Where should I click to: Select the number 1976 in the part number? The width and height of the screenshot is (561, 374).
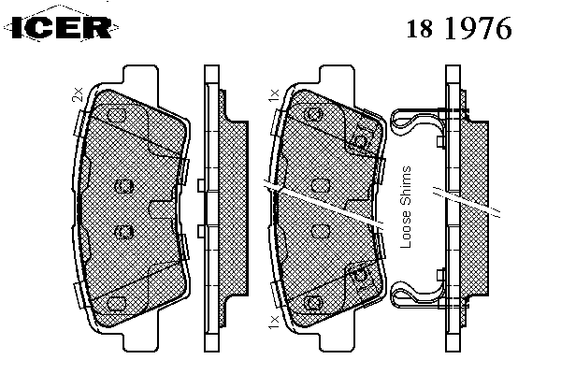(x=478, y=28)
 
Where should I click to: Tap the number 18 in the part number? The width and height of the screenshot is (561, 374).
(x=419, y=28)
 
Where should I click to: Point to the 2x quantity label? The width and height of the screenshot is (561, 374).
(x=78, y=94)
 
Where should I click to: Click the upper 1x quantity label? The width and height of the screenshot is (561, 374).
(x=273, y=95)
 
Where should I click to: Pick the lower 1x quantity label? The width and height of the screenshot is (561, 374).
(x=273, y=322)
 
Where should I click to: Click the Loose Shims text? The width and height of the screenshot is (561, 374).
(x=406, y=208)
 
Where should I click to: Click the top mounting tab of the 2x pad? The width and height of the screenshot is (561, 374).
(x=140, y=79)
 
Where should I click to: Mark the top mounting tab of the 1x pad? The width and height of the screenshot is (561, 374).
(x=337, y=79)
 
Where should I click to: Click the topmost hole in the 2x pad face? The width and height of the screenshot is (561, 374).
(x=116, y=115)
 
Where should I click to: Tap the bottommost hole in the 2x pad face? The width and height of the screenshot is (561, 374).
(x=116, y=304)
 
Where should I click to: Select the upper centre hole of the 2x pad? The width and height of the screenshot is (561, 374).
(x=123, y=186)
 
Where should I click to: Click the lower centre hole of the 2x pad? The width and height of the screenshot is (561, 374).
(x=123, y=232)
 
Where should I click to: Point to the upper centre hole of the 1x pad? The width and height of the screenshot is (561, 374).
(x=320, y=186)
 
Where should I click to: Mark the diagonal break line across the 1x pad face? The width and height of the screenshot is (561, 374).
(x=324, y=205)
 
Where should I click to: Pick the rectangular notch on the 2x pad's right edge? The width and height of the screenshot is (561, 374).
(x=162, y=209)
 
